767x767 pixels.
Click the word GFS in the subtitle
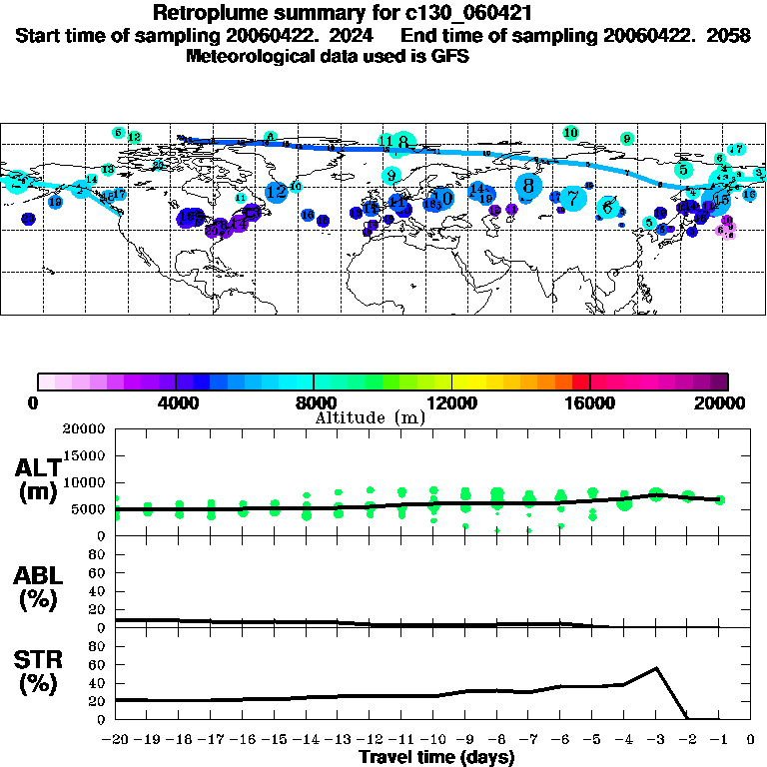coord(451,57)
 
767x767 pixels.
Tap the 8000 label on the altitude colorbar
coord(313,402)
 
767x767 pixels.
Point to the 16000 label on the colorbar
coord(590,402)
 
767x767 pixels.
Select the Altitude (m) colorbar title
coord(370,417)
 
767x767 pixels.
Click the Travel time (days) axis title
coord(436,757)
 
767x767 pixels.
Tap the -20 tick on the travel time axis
coord(116,740)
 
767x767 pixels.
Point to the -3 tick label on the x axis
coord(656,740)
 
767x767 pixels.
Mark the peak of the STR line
coord(656,668)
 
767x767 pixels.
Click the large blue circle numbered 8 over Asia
coord(528,185)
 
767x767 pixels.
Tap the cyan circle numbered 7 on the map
coord(572,198)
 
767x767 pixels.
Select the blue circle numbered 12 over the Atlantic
coord(277,191)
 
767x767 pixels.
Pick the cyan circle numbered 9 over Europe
coord(391,176)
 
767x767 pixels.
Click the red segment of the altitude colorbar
coord(581,382)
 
